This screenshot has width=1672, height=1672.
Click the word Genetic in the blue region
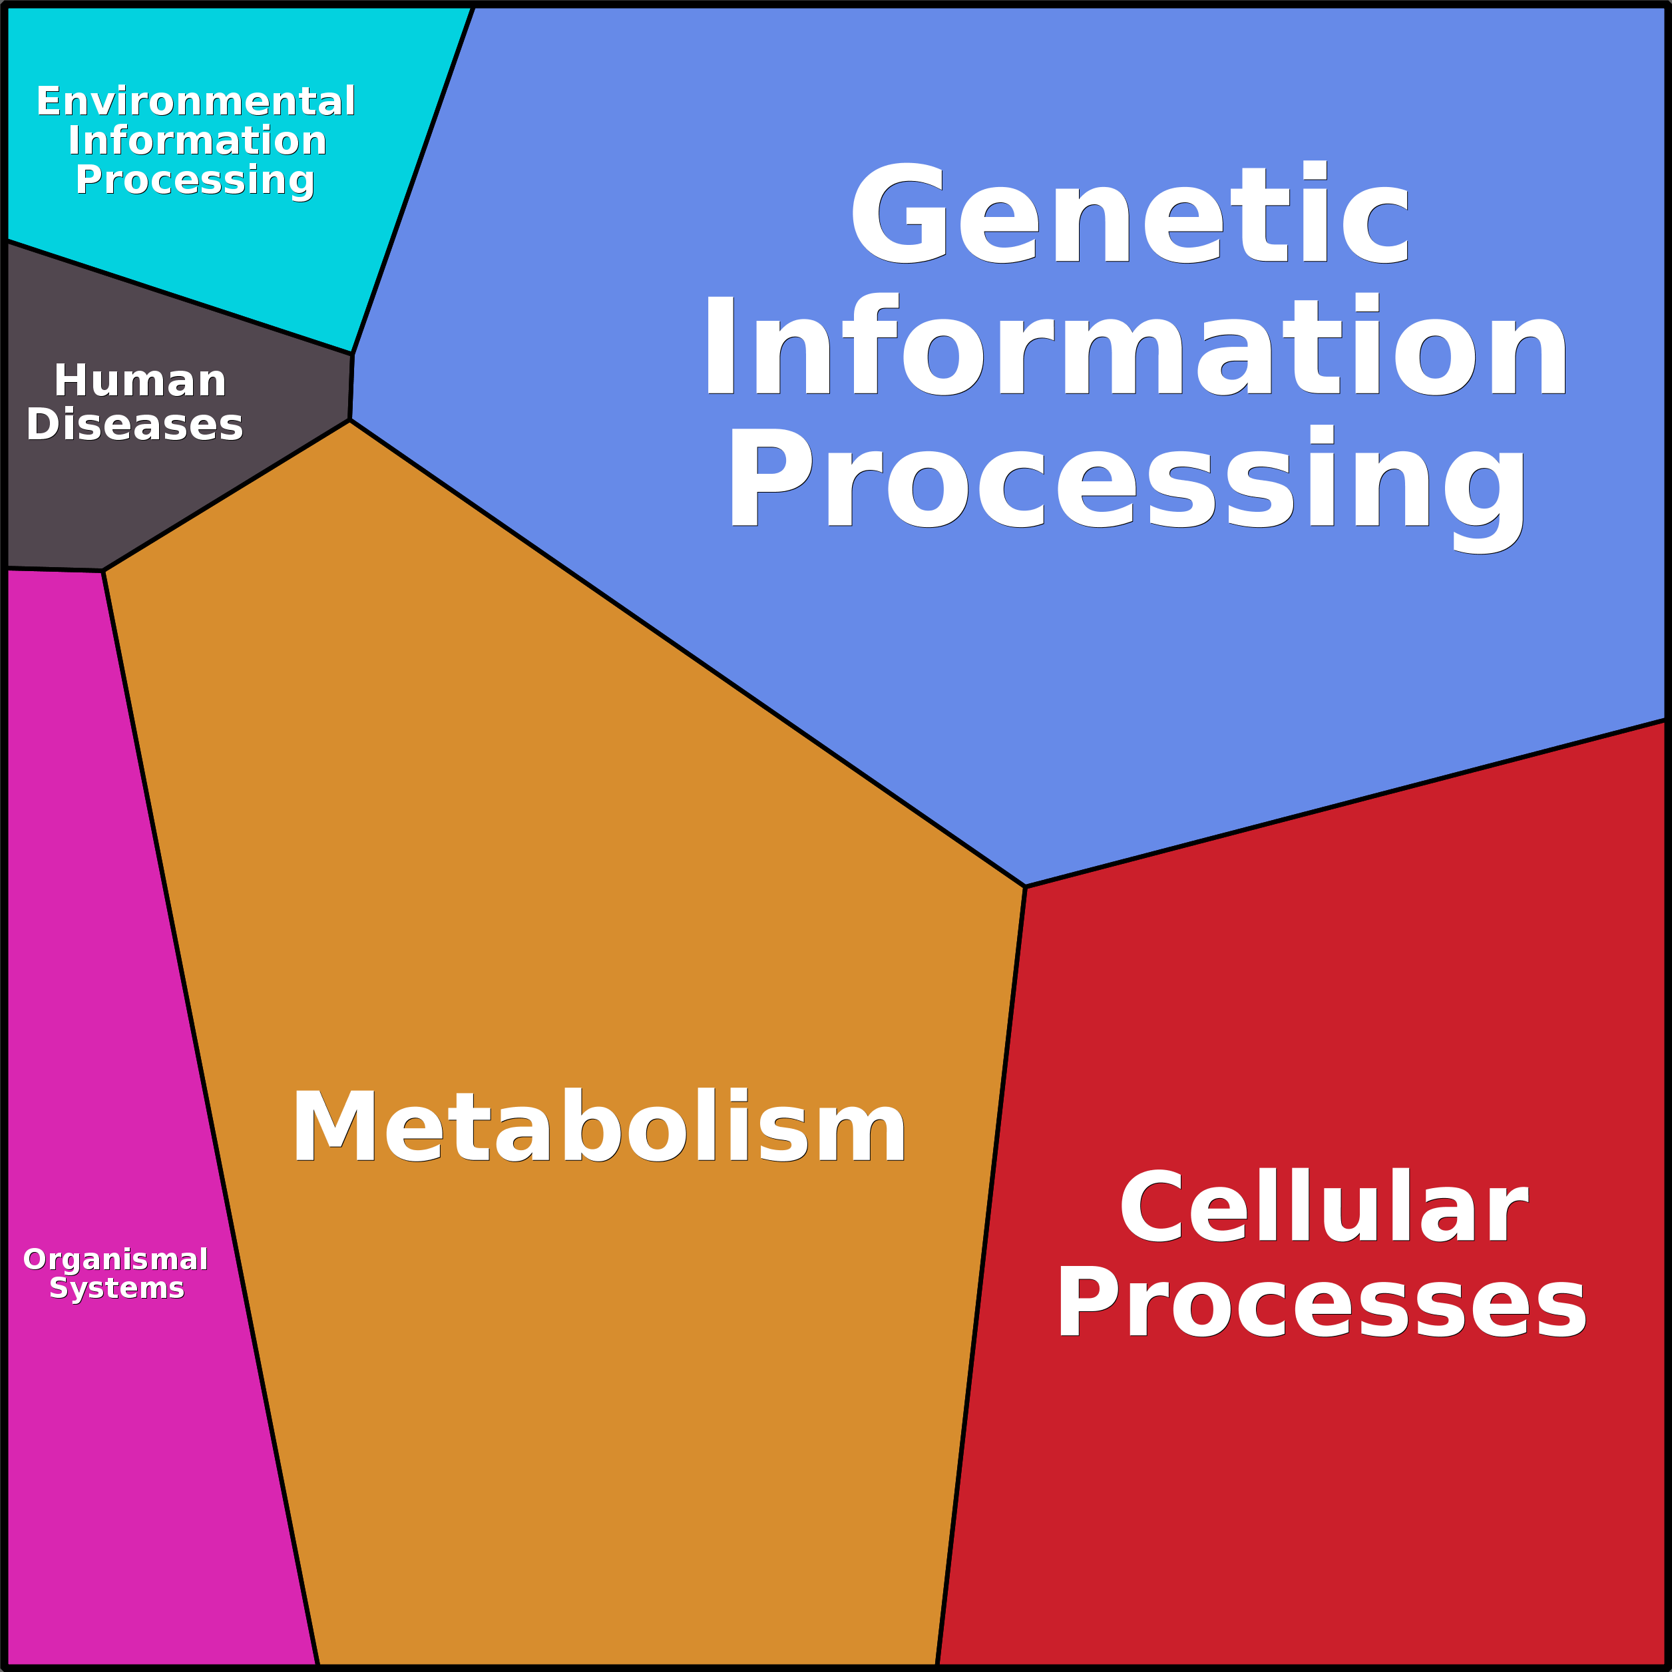pos(1130,214)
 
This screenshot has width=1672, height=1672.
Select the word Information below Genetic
pos(1136,346)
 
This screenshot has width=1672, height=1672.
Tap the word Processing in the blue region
pos(1128,481)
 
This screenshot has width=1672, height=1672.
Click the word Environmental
pos(196,101)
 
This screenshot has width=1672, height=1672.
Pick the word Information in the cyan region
pos(197,140)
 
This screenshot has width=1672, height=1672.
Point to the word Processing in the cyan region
pos(195,180)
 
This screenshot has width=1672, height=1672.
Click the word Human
pos(140,381)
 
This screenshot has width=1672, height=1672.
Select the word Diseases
pos(135,425)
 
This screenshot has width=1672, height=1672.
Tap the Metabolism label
pos(599,1127)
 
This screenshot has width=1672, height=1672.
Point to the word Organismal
pos(116,1259)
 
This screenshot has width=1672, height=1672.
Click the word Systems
pos(117,1288)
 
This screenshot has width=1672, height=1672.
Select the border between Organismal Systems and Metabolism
pos(210,1116)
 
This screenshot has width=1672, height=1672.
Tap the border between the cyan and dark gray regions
pos(179,298)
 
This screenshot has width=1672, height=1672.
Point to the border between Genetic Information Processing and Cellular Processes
pos(1346,803)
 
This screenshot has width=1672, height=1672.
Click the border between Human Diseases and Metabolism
pos(226,496)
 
